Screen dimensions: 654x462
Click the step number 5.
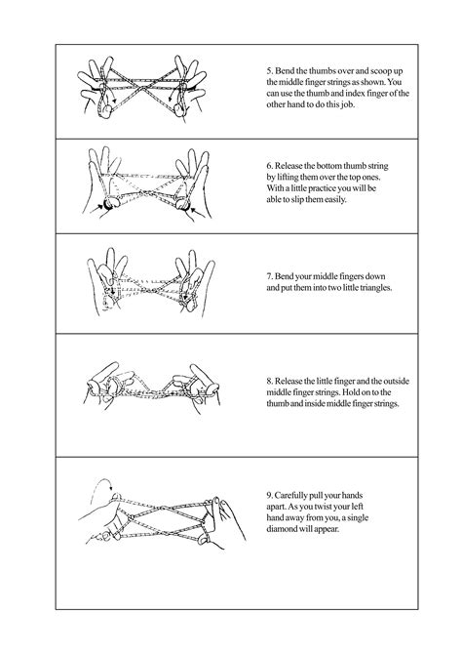click(269, 71)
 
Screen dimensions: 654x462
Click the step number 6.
click(269, 168)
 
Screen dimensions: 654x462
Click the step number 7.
click(269, 278)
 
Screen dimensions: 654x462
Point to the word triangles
click(366, 290)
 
